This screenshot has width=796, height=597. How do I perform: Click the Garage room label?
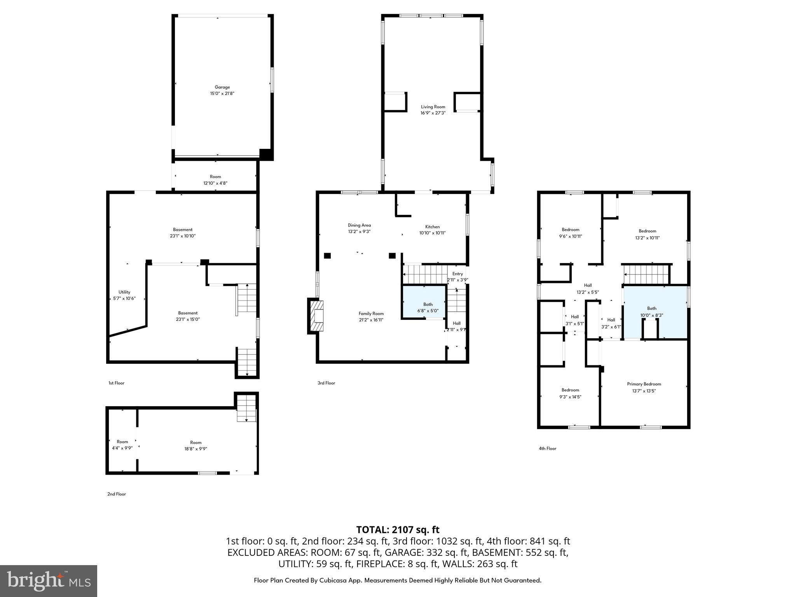click(x=222, y=87)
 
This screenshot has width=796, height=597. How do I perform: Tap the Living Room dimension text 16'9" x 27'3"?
click(x=433, y=113)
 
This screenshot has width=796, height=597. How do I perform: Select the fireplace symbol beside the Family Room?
click(x=316, y=316)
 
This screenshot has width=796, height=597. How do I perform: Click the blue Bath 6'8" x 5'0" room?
click(x=424, y=301)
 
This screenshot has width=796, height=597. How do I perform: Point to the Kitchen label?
click(x=432, y=227)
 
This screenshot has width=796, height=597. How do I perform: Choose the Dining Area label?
click(x=359, y=225)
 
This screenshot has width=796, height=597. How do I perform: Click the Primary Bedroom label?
click(x=644, y=384)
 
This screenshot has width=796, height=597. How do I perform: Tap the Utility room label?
click(x=124, y=292)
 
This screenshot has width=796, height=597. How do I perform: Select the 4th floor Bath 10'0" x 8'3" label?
click(x=651, y=309)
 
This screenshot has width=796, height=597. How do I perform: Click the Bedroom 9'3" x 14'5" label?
click(x=570, y=390)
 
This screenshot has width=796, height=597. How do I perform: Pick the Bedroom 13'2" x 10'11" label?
click(x=647, y=231)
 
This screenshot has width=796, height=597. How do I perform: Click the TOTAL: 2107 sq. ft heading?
click(x=398, y=529)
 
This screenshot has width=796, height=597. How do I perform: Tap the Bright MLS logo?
click(x=49, y=581)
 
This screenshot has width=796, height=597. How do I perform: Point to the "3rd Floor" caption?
click(x=326, y=383)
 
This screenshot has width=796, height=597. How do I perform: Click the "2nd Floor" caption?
click(x=117, y=494)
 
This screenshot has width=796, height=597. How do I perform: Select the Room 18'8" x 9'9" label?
click(x=196, y=442)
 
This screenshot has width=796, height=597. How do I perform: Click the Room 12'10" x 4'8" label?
click(x=215, y=176)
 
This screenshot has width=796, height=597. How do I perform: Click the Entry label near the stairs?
click(x=457, y=274)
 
